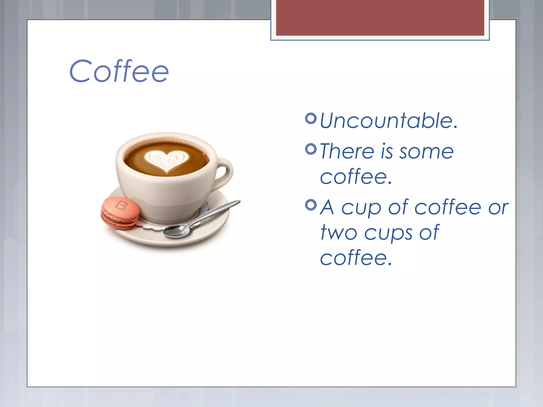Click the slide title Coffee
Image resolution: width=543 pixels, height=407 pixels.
coord(119,71)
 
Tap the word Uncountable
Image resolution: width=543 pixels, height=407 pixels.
coord(389,121)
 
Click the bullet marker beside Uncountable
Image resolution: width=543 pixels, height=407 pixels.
coord(311,118)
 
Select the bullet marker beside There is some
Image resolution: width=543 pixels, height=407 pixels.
coord(311,149)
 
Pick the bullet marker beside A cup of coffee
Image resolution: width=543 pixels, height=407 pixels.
coord(311,205)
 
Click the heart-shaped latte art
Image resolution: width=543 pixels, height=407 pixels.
coord(167,160)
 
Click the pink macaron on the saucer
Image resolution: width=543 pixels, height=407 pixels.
coord(120,213)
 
